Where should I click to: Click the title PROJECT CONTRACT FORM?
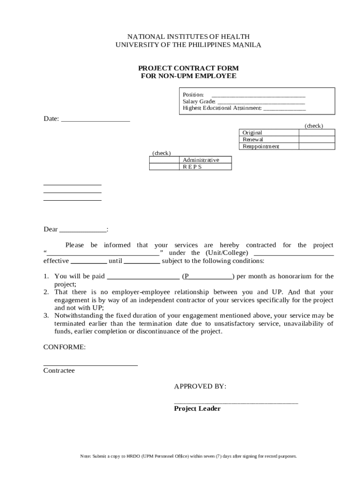click(189, 68)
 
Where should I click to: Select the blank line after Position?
click(258, 95)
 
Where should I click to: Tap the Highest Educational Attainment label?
click(222, 108)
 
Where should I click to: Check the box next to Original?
click(317, 133)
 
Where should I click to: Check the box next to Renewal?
click(317, 139)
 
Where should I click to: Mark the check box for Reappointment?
click(317, 146)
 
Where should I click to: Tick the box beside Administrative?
click(164, 160)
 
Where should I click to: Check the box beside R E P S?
click(164, 167)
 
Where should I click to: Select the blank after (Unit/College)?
click(293, 254)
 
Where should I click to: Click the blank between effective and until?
click(89, 261)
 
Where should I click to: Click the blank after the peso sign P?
click(211, 277)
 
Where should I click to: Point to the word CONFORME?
click(65, 347)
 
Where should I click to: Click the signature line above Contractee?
click(90, 364)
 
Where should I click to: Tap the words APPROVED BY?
click(200, 386)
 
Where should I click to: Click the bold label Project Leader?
click(197, 409)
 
